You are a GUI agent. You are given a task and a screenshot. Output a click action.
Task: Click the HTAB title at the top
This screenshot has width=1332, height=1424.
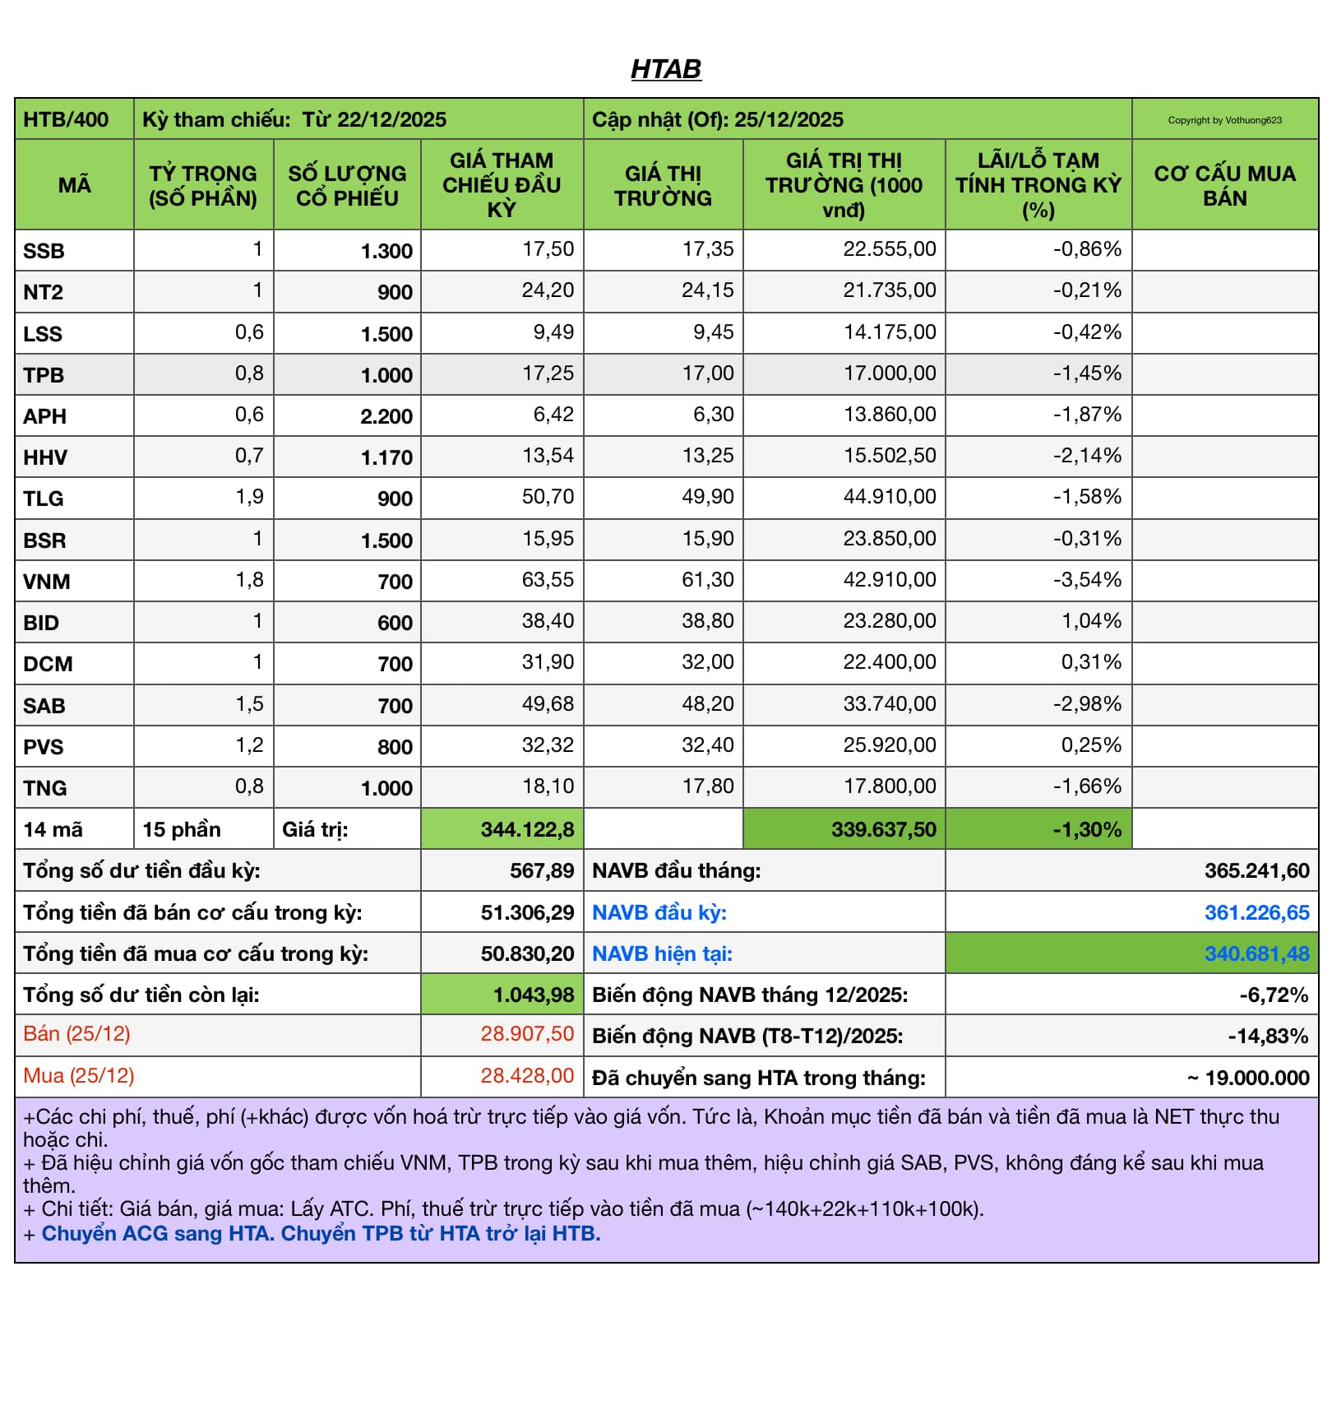(x=666, y=69)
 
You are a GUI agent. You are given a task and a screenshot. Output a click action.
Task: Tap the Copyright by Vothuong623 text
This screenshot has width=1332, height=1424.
(x=1224, y=120)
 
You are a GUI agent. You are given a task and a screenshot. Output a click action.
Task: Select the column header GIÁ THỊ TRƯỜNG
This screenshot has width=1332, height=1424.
(x=663, y=185)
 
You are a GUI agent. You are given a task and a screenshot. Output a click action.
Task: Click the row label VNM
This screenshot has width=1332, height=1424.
(x=47, y=582)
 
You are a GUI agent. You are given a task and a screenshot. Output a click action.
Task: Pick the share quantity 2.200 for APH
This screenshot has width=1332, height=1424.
(x=386, y=416)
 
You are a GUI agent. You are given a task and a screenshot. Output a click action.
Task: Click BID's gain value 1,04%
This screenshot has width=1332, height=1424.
(x=1091, y=621)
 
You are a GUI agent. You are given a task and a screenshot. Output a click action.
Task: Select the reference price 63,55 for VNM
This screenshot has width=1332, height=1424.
(x=548, y=580)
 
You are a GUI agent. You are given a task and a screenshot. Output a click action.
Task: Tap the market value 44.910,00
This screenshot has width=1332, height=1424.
(x=889, y=497)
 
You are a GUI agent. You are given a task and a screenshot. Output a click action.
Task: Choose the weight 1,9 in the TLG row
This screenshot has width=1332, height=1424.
(x=249, y=497)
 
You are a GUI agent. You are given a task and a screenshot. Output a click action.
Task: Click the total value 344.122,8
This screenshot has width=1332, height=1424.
(x=527, y=829)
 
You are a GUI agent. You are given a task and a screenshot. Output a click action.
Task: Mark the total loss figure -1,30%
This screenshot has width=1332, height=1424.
(x=1087, y=829)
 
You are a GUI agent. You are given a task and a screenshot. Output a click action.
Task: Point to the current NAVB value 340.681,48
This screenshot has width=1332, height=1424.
(x=1256, y=953)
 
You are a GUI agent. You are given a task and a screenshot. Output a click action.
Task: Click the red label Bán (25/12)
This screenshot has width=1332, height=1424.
(x=76, y=1034)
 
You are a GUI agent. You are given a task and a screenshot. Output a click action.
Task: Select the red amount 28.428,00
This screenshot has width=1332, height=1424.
(x=527, y=1076)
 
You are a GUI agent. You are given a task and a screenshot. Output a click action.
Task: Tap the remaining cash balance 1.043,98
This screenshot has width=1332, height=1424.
(x=533, y=995)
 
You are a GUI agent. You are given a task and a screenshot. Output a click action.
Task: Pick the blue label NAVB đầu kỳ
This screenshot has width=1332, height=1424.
(x=659, y=912)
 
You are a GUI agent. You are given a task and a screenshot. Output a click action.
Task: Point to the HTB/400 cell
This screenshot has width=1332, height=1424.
(x=66, y=120)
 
